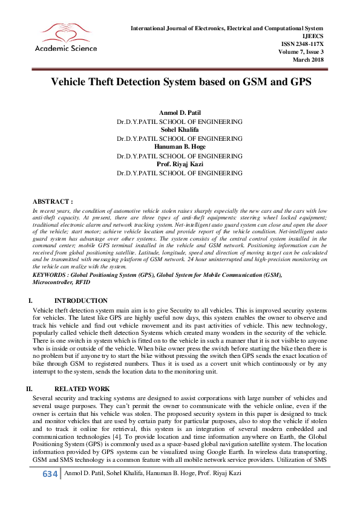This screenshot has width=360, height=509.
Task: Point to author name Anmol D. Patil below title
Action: click(x=180, y=114)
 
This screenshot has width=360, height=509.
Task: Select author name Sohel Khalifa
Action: click(x=180, y=129)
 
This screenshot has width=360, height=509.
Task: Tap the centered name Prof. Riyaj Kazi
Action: click(x=180, y=164)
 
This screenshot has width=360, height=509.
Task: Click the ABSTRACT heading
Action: click(x=53, y=201)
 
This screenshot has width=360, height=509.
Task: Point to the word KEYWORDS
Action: click(x=50, y=274)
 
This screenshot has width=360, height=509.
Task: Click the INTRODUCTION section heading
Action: click(x=81, y=300)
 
